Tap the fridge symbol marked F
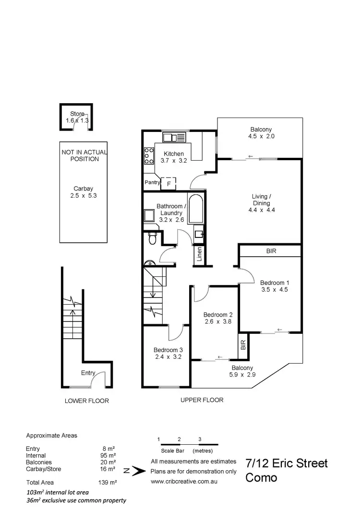(x=168, y=183)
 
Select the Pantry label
(x=152, y=183)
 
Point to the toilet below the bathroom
(x=153, y=237)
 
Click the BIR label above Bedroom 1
(x=271, y=251)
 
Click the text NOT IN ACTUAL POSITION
(x=84, y=155)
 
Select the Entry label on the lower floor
(x=88, y=373)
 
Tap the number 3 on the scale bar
(x=200, y=439)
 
